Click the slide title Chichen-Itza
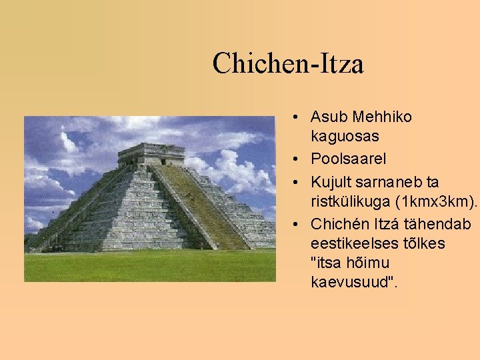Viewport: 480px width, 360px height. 288,64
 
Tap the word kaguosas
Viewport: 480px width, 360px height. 345,137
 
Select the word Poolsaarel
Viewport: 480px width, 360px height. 348,159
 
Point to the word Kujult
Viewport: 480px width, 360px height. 332,182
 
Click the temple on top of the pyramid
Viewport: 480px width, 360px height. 151,154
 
